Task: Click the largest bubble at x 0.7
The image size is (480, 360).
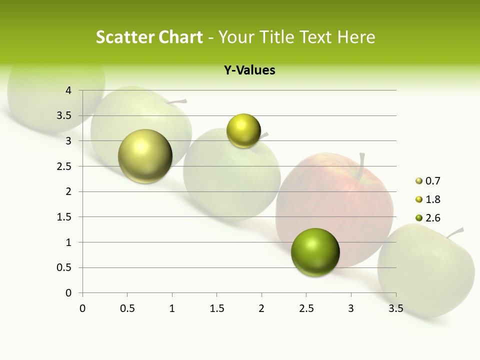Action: [x=145, y=156]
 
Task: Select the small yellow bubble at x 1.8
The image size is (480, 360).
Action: [x=243, y=131]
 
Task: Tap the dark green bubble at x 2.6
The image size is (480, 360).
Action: [x=315, y=252]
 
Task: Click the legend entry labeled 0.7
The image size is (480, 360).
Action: [x=432, y=181]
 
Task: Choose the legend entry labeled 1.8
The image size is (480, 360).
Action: [x=432, y=199]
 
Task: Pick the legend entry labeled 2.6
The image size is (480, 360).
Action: [x=432, y=218]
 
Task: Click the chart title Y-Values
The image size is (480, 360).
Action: [x=249, y=70]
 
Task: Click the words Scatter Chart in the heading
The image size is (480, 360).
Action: [x=149, y=37]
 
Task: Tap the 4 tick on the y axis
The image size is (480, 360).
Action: [x=68, y=90]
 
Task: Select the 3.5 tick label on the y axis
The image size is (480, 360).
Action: [x=65, y=116]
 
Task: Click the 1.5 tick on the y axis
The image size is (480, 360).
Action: [x=65, y=217]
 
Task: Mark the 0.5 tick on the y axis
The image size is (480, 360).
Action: [x=65, y=268]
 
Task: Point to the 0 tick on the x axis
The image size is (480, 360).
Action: [x=82, y=308]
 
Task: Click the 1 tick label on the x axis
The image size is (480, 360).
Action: [x=172, y=308]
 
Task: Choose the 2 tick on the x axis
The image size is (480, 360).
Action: [x=261, y=308]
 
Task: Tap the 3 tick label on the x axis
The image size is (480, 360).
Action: [x=351, y=308]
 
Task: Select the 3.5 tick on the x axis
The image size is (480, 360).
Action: [x=395, y=308]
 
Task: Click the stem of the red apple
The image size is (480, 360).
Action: [x=361, y=165]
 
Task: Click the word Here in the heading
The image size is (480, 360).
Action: [x=355, y=37]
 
